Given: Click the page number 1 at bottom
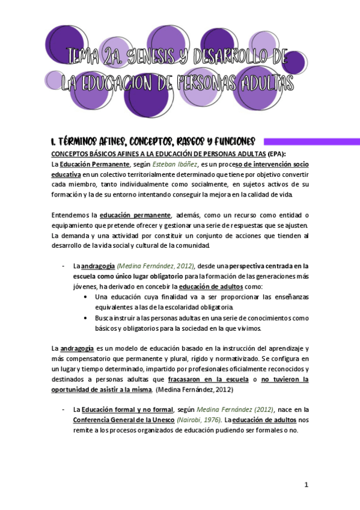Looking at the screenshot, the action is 306,485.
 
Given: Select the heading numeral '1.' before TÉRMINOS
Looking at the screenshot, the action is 54,142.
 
